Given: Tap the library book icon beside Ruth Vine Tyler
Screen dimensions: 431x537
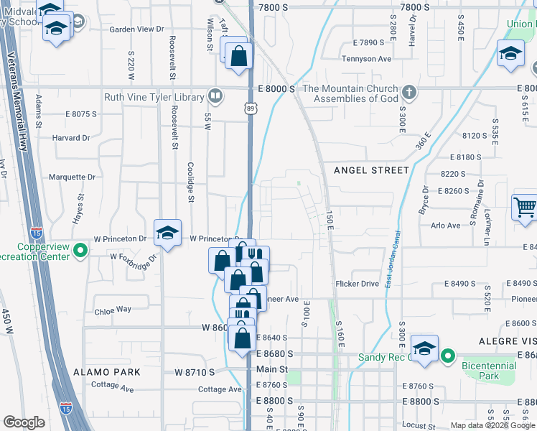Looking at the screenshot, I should (x=215, y=96).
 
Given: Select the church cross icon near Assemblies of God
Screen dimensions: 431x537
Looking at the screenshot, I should (x=408, y=92).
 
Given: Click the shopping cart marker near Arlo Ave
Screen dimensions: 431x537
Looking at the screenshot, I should (x=525, y=208).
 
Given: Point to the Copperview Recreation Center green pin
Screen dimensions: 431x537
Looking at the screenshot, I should (x=80, y=251).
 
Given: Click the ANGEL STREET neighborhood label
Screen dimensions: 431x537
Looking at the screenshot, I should (x=371, y=170).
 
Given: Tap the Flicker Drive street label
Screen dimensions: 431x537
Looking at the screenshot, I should (x=357, y=284).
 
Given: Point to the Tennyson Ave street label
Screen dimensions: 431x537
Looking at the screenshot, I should (x=366, y=59).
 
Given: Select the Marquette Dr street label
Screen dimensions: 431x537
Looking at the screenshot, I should (x=72, y=177).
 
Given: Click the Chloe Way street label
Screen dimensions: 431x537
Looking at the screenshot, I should (x=113, y=310).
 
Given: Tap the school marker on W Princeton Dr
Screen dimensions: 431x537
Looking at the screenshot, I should (x=167, y=233).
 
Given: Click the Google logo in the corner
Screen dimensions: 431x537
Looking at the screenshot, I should (x=24, y=423).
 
